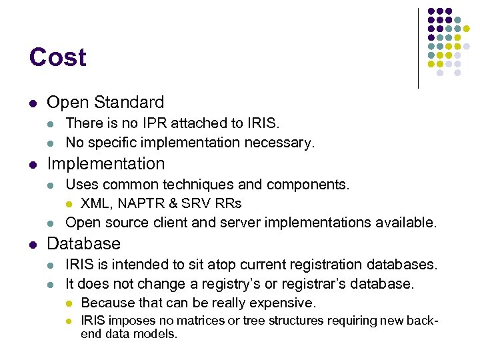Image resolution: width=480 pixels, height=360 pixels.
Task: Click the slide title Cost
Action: [x=57, y=57]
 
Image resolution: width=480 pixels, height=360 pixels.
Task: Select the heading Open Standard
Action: [x=105, y=102]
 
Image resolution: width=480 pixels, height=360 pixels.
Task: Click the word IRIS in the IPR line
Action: [x=263, y=123]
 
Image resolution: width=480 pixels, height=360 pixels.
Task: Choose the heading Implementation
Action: [x=105, y=163]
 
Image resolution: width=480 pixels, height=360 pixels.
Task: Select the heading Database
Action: [x=83, y=243]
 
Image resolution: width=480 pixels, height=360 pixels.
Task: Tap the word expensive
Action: [x=282, y=303]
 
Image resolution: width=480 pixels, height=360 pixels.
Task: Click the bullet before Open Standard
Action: [x=33, y=103]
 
